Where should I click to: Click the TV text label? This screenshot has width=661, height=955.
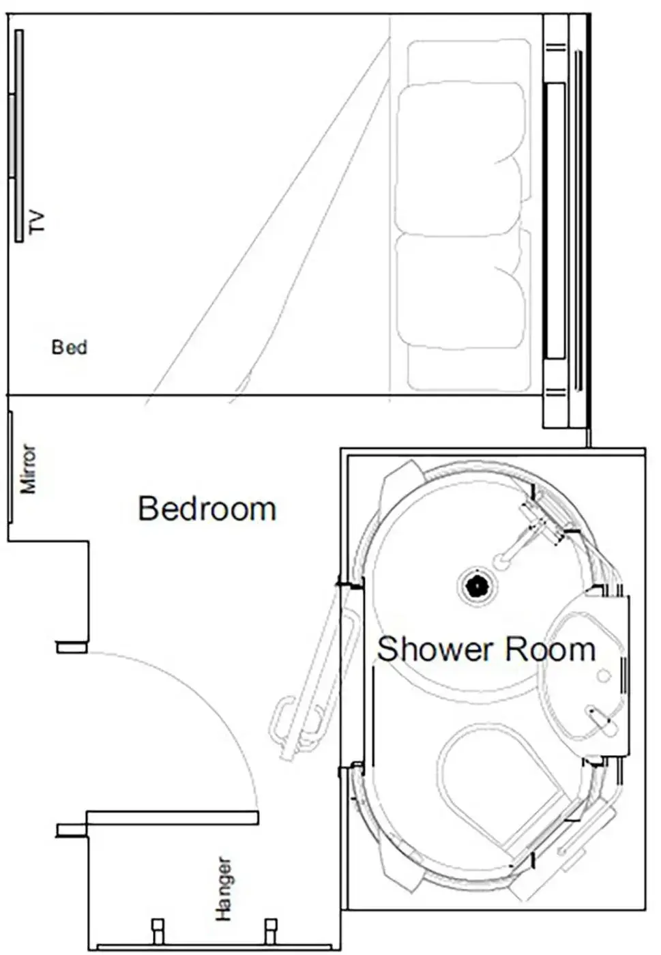[37, 222]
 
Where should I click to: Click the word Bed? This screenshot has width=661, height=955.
[70, 347]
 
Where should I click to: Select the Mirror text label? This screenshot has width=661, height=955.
[28, 469]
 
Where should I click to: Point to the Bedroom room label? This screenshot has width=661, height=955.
[207, 509]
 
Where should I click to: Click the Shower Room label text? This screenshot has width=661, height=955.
[486, 649]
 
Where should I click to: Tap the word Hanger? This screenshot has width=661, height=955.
[224, 889]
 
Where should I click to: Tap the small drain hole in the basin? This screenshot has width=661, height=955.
[603, 675]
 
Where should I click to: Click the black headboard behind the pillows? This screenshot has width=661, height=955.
[555, 220]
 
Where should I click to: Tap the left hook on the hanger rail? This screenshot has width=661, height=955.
[158, 930]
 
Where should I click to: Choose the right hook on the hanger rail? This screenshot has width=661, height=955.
[271, 930]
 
